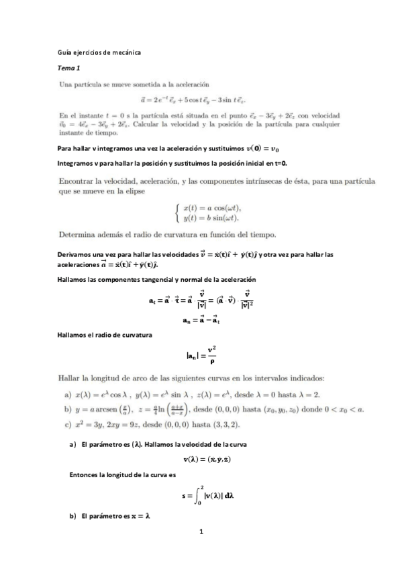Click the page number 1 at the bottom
(201, 532)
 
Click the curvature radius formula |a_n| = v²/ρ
(201, 354)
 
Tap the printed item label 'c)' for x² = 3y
(63, 425)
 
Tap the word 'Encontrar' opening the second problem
(79, 181)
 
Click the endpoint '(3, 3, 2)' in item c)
(225, 425)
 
